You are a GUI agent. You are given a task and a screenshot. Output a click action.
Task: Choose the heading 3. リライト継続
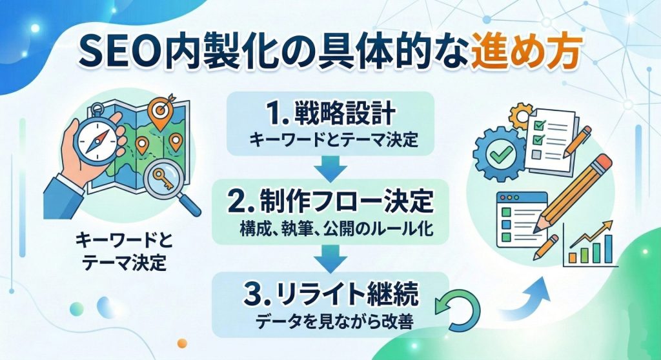(x=331, y=294)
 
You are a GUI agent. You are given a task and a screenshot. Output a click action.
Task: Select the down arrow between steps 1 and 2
(x=330, y=168)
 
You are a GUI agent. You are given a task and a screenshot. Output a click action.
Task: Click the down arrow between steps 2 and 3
(x=330, y=259)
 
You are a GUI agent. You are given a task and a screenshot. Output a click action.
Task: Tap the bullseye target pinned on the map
(x=160, y=110)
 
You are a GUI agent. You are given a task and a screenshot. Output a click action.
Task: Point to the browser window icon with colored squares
(x=522, y=219)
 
